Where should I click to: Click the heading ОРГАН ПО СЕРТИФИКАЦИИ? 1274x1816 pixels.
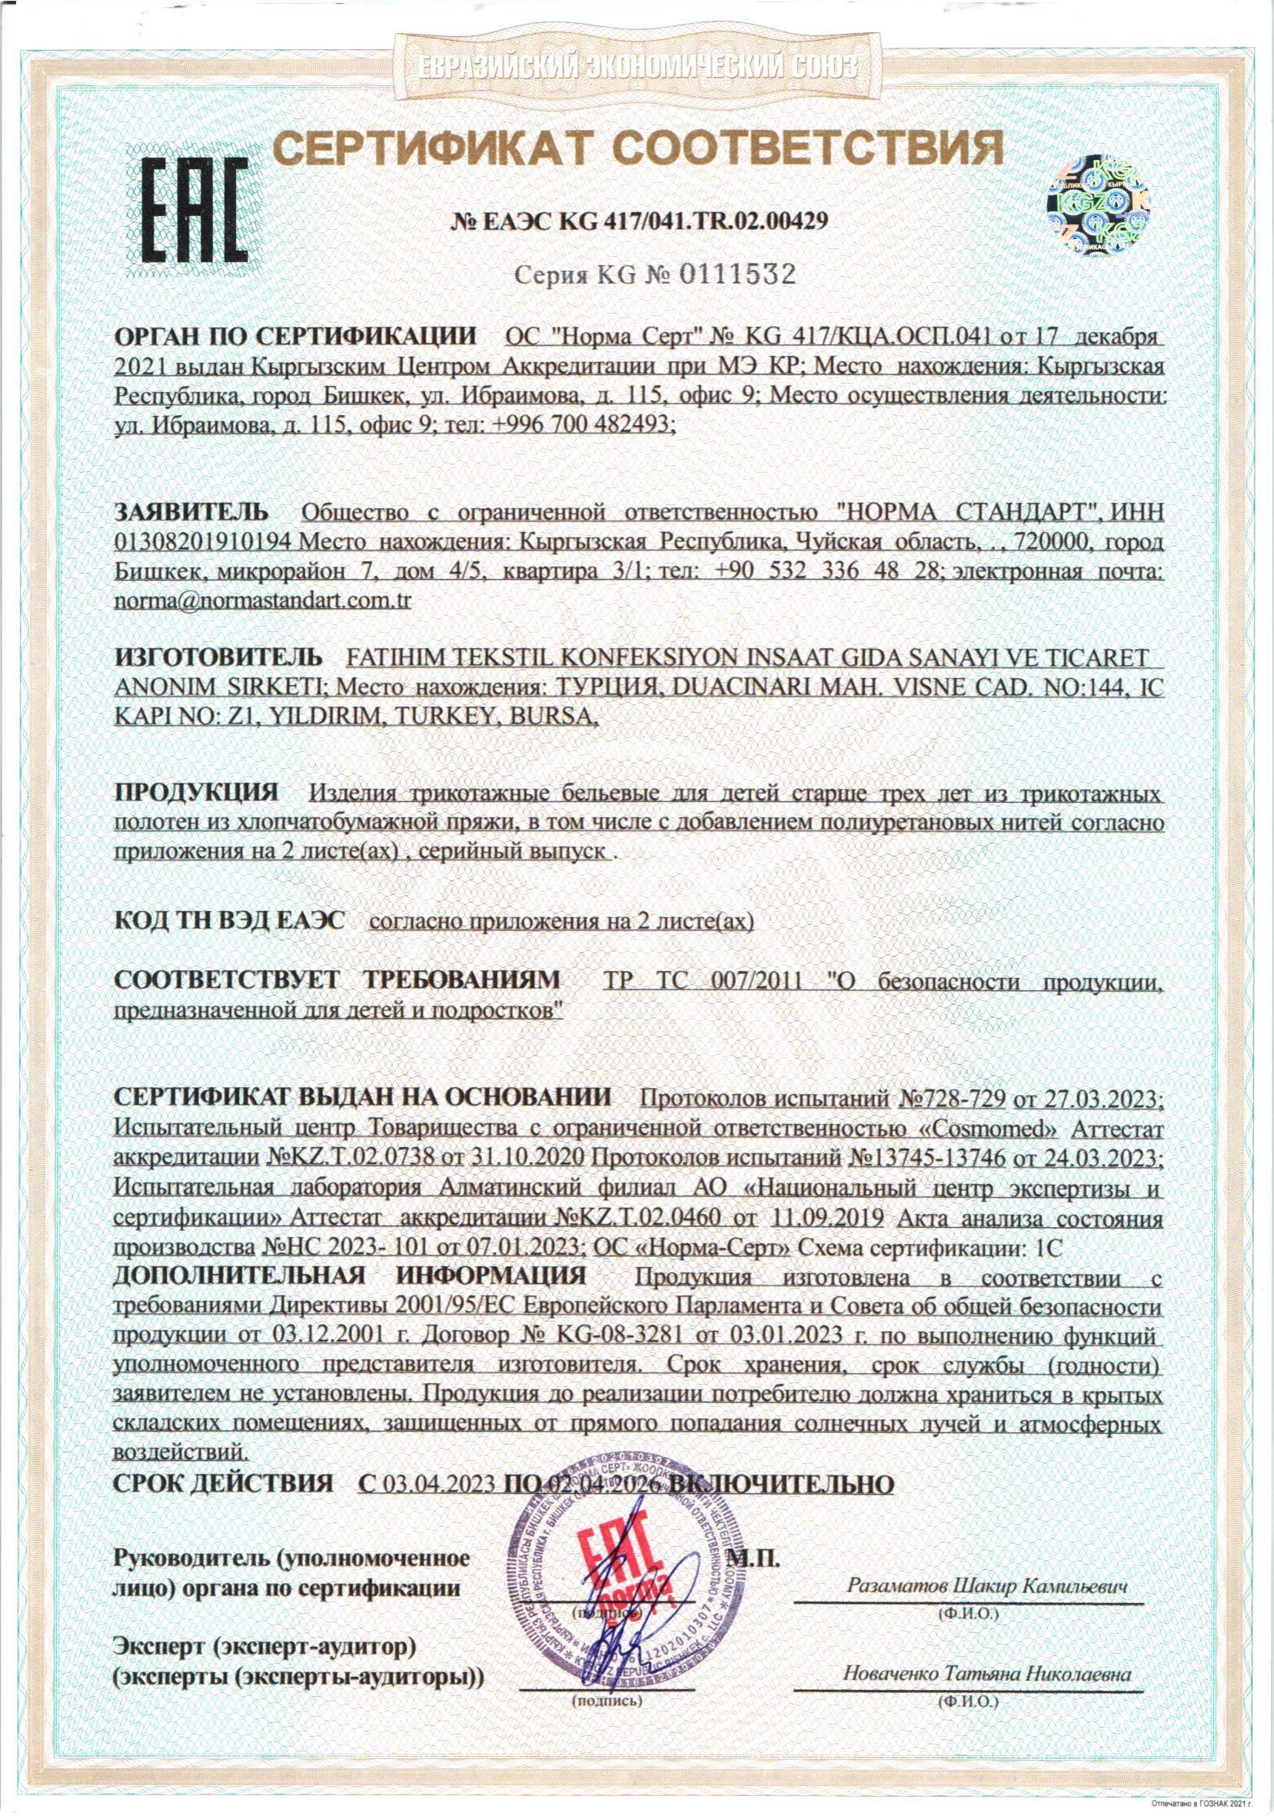pos(297,336)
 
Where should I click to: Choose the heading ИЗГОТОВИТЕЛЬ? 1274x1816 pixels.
pos(219,657)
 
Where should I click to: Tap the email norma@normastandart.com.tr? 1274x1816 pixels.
pos(264,600)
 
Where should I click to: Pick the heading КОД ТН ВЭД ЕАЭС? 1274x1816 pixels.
pos(229,920)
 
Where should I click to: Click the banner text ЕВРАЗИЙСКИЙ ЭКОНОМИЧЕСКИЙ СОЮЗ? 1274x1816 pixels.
pos(636,67)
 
